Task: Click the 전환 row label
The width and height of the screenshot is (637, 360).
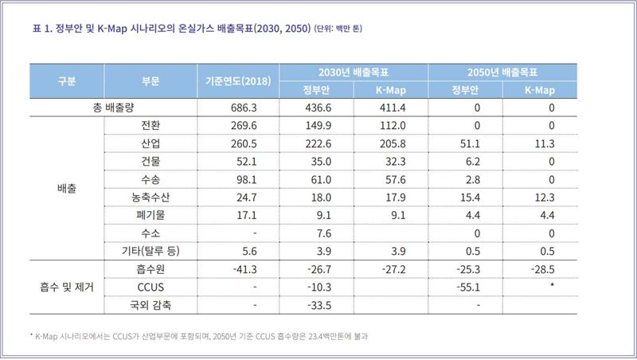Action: (149, 126)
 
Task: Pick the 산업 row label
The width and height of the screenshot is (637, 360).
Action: (149, 143)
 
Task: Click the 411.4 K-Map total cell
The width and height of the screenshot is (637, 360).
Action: (393, 108)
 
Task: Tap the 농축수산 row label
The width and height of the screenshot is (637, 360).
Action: (149, 197)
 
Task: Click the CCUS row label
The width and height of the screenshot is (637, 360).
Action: (149, 286)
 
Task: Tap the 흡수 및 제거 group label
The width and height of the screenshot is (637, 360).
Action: (67, 286)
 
